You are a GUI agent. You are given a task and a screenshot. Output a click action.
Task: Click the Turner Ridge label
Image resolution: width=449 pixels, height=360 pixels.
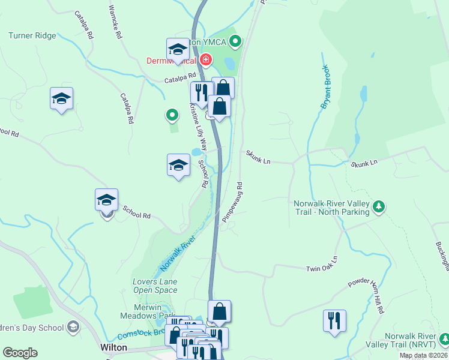pos(32,36)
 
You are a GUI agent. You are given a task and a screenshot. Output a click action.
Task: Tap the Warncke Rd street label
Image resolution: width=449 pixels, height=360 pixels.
pos(115,22)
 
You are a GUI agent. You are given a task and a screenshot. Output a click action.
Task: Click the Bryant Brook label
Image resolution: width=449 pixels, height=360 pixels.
pos(326,87)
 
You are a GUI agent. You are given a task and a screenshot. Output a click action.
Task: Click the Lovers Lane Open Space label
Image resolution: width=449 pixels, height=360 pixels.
pos(155,286)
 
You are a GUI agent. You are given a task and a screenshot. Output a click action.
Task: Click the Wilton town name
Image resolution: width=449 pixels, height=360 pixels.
pos(113,348)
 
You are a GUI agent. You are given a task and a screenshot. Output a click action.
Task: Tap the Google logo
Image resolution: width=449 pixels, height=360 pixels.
pos(20,353)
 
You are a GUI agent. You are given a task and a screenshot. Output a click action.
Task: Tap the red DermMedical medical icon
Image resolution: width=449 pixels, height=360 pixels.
pos(206,60)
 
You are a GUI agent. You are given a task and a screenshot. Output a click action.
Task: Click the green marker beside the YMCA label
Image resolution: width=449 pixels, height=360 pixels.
pos(235,41)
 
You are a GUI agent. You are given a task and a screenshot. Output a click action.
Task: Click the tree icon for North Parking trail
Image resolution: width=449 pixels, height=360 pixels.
pos(378,207)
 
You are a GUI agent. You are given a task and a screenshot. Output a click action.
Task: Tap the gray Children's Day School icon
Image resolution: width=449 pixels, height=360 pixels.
pos(73,327)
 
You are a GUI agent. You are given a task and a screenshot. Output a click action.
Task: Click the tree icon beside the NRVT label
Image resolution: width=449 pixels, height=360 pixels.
pos(444,340)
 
